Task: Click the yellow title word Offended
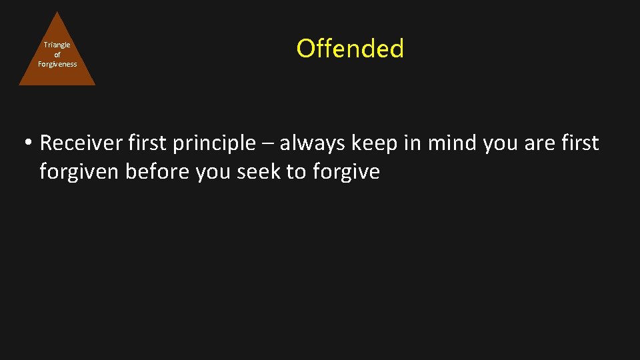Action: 350,49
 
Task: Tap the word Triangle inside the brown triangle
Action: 57,45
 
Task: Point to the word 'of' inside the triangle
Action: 57,55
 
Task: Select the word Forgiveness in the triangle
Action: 57,64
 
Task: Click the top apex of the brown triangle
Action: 57,13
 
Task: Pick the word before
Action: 157,172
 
